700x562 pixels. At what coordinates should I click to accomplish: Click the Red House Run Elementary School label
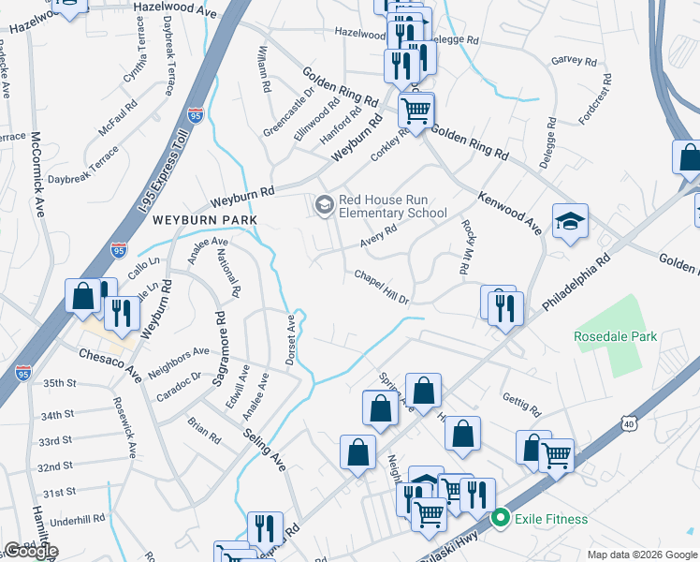click(x=393, y=205)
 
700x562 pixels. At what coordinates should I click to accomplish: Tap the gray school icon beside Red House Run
click(x=324, y=204)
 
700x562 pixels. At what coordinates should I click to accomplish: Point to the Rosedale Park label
click(x=616, y=336)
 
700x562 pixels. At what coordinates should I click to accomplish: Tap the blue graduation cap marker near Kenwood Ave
click(x=570, y=222)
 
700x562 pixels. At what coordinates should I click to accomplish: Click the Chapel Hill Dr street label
click(x=382, y=288)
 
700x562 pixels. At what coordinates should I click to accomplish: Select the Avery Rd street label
click(x=379, y=236)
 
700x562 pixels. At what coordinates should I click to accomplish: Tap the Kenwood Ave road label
click(x=509, y=213)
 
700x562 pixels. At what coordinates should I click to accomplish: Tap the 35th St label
click(x=58, y=383)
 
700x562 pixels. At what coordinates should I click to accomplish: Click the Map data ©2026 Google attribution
click(x=641, y=555)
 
